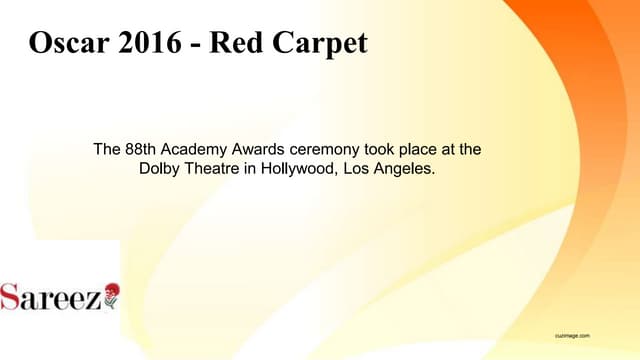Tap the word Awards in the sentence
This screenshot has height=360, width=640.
(259, 150)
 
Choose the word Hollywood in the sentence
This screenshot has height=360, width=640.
(298, 169)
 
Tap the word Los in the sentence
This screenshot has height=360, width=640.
(358, 169)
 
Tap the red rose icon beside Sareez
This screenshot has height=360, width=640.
(110, 294)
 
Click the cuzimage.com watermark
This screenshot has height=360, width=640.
(574, 336)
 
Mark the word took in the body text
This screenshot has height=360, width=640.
(383, 150)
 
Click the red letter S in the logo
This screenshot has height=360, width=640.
(11, 297)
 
